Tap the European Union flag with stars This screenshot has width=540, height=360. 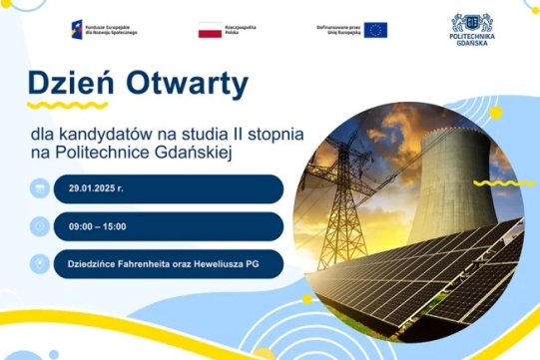pos(375,30)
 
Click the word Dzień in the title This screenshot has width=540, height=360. pos(68,82)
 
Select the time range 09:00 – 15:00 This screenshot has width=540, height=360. pos(100,225)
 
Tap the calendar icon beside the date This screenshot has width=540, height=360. pos(39,187)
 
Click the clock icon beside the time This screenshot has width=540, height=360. pos(39,225)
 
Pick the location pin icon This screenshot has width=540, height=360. pos(39,264)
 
